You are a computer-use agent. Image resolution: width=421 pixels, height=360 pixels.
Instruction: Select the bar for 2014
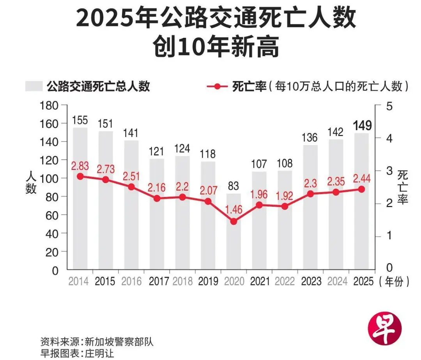click(x=80, y=226)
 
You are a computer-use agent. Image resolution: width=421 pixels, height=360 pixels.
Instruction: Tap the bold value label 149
click(x=362, y=126)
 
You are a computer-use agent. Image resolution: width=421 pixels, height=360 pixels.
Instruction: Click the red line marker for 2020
click(x=233, y=221)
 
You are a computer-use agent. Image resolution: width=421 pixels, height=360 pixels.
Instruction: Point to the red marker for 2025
click(x=361, y=189)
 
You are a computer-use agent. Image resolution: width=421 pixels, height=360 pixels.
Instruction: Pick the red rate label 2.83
click(x=80, y=167)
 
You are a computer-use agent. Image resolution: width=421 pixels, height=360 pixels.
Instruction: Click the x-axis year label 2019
click(x=208, y=281)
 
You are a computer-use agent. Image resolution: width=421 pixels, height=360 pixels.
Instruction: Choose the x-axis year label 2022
click(x=285, y=281)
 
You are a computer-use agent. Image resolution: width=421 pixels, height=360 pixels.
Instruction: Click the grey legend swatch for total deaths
click(x=34, y=86)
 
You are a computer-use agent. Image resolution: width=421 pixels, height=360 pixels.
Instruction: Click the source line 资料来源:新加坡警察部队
click(x=97, y=342)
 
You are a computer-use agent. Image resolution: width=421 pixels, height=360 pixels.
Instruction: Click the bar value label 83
click(x=233, y=186)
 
